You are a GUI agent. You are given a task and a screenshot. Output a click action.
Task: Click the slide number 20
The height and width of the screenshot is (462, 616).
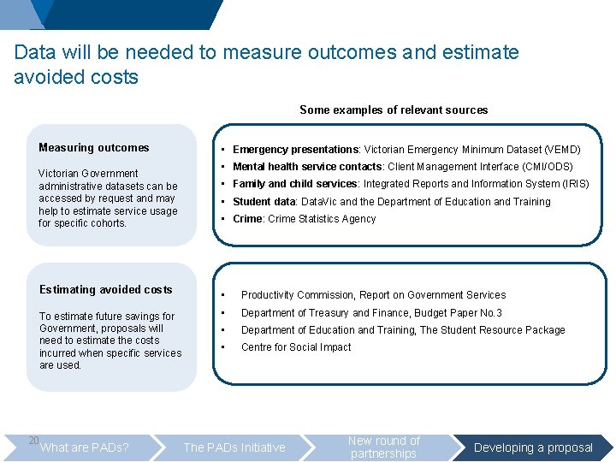pos(33,441)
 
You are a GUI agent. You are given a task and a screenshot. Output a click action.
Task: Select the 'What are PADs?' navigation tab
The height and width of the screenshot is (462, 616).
pos(85,447)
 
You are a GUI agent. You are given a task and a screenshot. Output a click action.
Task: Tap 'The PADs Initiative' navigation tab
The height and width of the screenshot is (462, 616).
pos(234,447)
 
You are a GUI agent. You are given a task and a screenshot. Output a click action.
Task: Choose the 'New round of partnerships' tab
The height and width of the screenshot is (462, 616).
pos(384,447)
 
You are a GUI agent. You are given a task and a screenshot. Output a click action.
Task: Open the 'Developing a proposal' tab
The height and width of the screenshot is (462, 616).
pos(533,447)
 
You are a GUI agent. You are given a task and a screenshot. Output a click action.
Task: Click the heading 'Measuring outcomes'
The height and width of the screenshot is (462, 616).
pos(94,148)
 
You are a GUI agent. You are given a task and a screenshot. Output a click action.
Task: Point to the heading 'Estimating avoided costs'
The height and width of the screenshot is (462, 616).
pos(106,290)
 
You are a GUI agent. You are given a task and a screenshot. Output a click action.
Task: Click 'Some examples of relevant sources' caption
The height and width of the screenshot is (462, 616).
pos(394,110)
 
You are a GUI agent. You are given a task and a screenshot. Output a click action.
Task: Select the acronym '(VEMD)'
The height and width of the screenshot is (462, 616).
pos(562,150)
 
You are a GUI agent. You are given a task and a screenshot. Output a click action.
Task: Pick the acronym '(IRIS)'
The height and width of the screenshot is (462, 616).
pos(572,184)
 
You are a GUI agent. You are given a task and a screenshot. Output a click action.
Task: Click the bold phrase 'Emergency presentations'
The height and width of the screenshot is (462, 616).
pos(295,150)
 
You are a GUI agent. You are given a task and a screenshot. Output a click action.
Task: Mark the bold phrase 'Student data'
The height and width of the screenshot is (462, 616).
pos(264,202)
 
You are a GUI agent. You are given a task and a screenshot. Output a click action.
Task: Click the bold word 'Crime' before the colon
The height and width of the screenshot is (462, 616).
pos(247,219)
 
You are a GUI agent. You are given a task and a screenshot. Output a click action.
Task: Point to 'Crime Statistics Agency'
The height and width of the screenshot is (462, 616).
pos(322,219)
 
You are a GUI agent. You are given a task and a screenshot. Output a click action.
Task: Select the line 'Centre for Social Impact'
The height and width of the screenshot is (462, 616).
pos(296,347)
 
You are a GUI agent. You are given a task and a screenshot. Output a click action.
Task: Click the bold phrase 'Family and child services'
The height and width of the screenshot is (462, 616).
pos(294,184)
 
